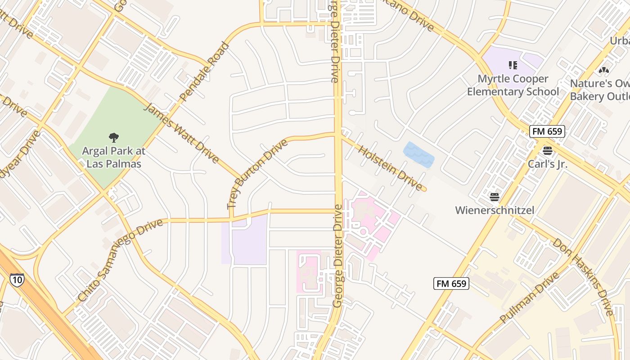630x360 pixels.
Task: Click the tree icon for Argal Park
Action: click(x=114, y=137)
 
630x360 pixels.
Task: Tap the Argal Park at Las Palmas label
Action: click(x=114, y=157)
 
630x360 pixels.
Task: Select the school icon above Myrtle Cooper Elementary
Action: click(x=513, y=66)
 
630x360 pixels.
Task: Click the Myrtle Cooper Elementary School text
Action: click(x=513, y=85)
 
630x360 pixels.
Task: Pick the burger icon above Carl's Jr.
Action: click(x=547, y=151)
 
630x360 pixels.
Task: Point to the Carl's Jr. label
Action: click(x=547, y=164)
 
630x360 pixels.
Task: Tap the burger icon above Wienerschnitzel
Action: click(x=494, y=197)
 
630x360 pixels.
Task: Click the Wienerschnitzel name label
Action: click(x=494, y=210)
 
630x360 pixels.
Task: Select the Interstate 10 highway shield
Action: click(x=17, y=279)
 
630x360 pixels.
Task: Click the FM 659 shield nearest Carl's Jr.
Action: click(x=547, y=131)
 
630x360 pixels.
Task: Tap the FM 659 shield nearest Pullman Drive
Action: click(x=451, y=283)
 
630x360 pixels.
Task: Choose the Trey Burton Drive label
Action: click(x=257, y=174)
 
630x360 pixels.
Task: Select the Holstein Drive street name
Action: click(x=390, y=167)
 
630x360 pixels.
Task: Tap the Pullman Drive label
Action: click(x=529, y=297)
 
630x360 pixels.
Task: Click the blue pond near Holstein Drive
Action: click(x=418, y=155)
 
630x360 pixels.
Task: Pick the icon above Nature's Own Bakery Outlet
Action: click(x=603, y=71)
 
